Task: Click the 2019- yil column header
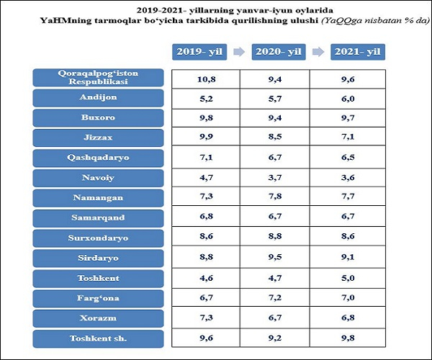[199, 52]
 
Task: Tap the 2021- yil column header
[358, 52]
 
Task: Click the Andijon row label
[99, 98]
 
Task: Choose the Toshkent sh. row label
[99, 338]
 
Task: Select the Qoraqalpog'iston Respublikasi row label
[99, 78]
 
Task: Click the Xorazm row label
[99, 318]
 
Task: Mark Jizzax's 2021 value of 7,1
[348, 137]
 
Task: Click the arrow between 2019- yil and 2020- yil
[238, 52]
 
